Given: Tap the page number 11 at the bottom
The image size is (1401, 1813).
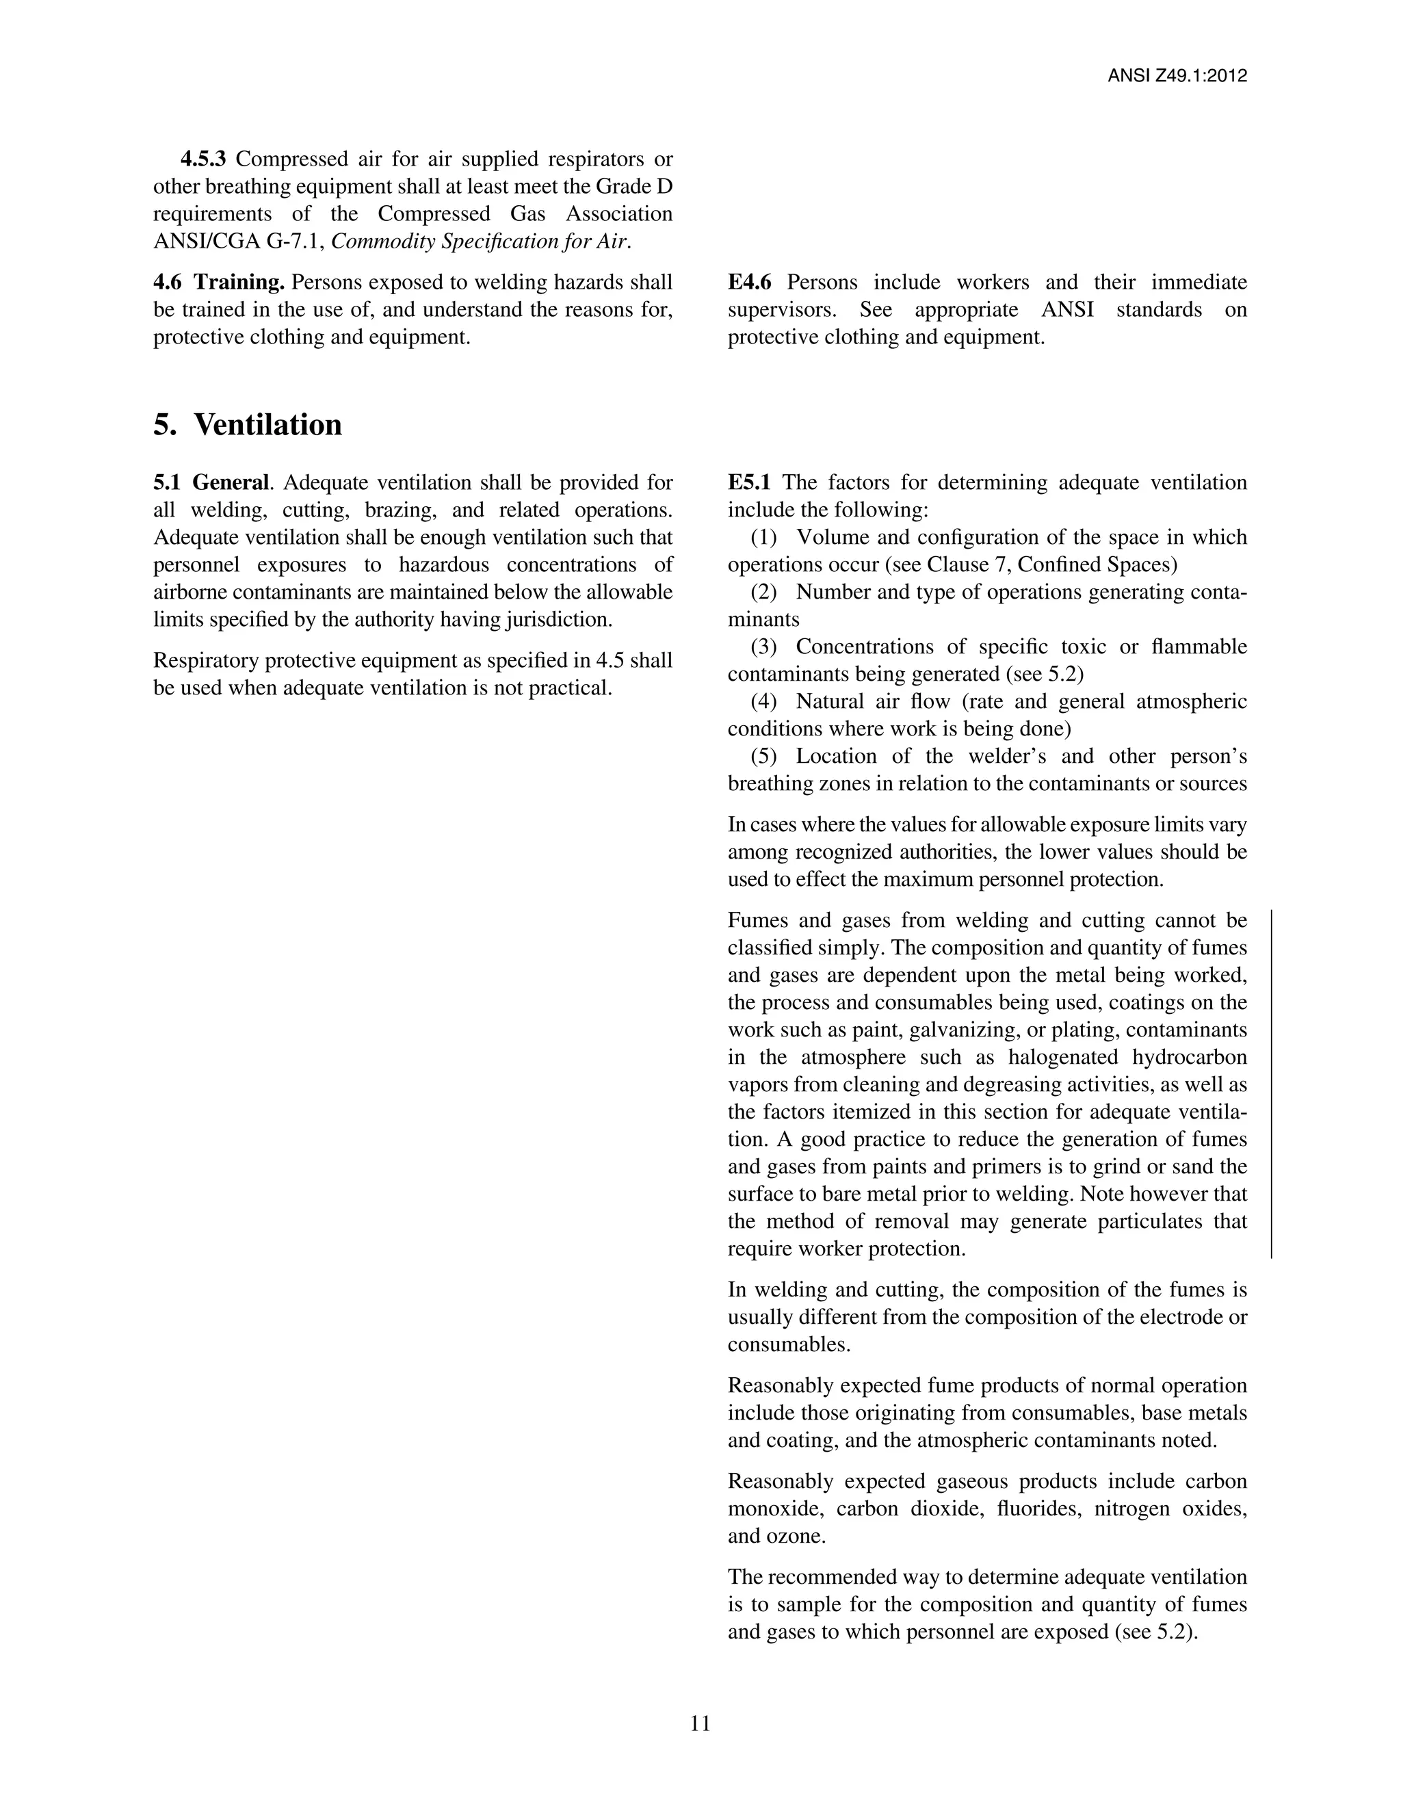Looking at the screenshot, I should (x=700, y=1723).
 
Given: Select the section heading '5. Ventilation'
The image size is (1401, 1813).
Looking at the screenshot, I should (x=248, y=425).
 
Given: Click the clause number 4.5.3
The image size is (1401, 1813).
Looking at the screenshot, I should (x=203, y=159).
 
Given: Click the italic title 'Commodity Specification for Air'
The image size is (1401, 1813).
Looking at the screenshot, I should (x=480, y=242).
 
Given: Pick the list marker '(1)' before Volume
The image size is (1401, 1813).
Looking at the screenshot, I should (x=763, y=537).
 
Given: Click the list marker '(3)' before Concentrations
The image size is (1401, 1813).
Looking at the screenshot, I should (x=763, y=647).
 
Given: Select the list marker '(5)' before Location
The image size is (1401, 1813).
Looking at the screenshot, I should (x=763, y=756).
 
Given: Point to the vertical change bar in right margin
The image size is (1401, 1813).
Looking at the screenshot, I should (x=1272, y=1084).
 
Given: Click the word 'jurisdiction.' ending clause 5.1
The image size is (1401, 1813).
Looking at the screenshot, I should (x=559, y=619).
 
